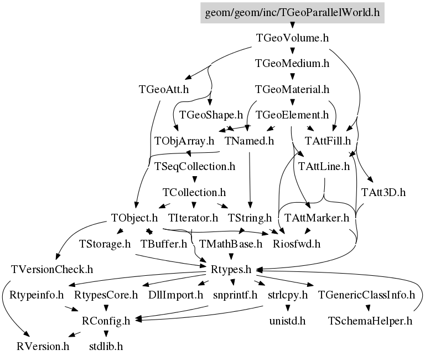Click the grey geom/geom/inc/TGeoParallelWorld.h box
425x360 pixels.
pyautogui.click(x=292, y=13)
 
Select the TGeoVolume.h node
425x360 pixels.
pyautogui.click(x=292, y=38)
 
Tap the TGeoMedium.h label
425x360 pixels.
pyautogui.click(x=292, y=64)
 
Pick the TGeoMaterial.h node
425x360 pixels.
pyautogui.click(x=292, y=89)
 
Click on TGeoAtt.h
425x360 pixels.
pyautogui.click(x=164, y=89)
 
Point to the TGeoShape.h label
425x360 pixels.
pyautogui.click(x=211, y=115)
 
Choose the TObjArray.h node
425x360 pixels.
pyautogui.click(x=184, y=141)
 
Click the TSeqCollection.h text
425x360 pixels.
pyautogui.click(x=195, y=166)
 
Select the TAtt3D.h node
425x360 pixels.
pyautogui.click(x=383, y=192)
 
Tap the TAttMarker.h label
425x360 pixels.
pyautogui.click(x=317, y=218)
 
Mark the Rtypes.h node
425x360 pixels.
pyautogui.click(x=231, y=269)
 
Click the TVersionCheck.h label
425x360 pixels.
pyautogui.click(x=52, y=269)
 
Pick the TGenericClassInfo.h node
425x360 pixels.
pyautogui.click(x=366, y=295)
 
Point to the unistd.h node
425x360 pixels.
pyautogui.click(x=287, y=321)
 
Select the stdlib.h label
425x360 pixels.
pyautogui.click(x=106, y=347)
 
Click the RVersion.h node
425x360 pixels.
pyautogui.click(x=43, y=347)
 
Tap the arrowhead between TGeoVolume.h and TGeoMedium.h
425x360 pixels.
pyautogui.click(x=292, y=51)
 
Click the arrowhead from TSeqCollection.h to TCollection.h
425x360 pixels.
pyautogui.click(x=194, y=179)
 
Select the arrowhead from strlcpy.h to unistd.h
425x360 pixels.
pyautogui.click(x=288, y=308)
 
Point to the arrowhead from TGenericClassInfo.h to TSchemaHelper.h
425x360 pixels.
pyautogui.click(x=368, y=308)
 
